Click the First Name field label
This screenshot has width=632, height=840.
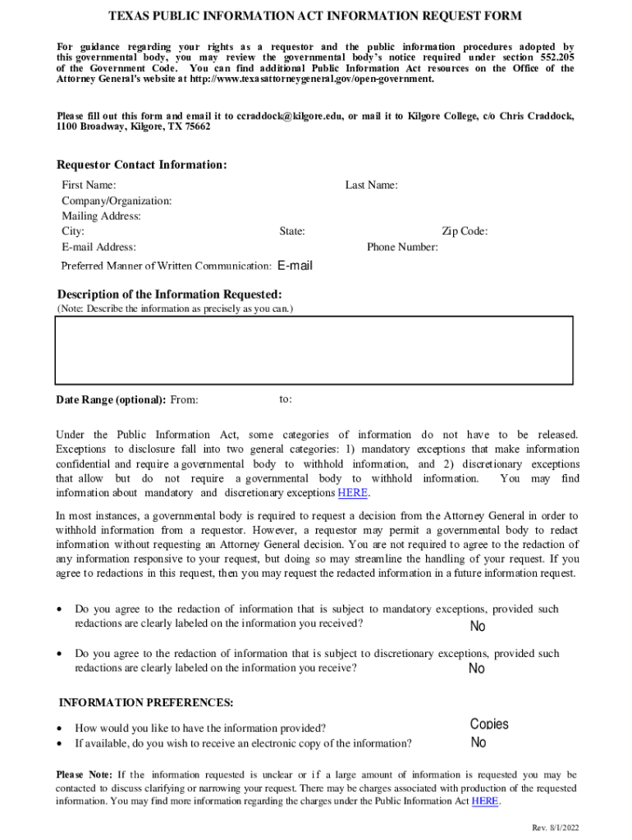pyautogui.click(x=89, y=185)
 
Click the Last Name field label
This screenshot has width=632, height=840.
pyautogui.click(x=371, y=185)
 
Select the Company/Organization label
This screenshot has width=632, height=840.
pyautogui.click(x=117, y=201)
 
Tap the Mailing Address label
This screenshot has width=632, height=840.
pyautogui.click(x=101, y=217)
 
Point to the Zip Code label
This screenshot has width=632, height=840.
pyautogui.click(x=465, y=231)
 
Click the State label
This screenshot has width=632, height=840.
pyautogui.click(x=292, y=231)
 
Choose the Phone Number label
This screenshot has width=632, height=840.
pyautogui.click(x=402, y=247)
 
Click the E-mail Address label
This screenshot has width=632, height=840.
pyautogui.click(x=98, y=247)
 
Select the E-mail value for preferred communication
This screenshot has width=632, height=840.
pyautogui.click(x=295, y=266)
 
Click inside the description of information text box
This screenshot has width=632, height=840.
pyautogui.click(x=314, y=350)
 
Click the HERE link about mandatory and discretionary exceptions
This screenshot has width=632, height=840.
pyautogui.click(x=353, y=493)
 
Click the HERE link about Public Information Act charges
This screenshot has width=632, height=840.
pyautogui.click(x=484, y=801)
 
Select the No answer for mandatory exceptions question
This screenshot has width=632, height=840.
pyautogui.click(x=477, y=627)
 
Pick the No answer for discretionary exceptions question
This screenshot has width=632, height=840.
pyautogui.click(x=476, y=669)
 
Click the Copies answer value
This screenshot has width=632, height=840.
pyautogui.click(x=489, y=724)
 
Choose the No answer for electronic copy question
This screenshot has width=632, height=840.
pyautogui.click(x=478, y=742)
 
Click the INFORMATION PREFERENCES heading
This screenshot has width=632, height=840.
pyautogui.click(x=146, y=703)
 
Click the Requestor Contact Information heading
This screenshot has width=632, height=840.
pyautogui.click(x=141, y=165)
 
